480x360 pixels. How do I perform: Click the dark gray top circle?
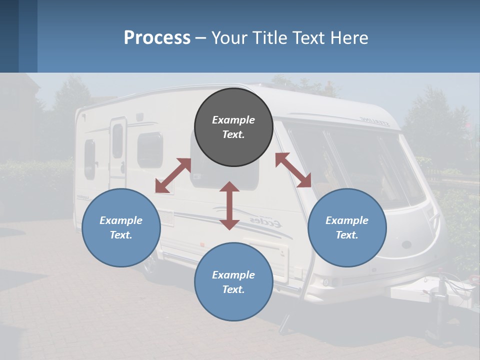pyautogui.click(x=233, y=127)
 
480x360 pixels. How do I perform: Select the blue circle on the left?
pyautogui.click(x=121, y=227)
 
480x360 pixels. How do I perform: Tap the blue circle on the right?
pyautogui.click(x=347, y=227)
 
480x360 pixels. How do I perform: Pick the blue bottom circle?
pyautogui.click(x=233, y=282)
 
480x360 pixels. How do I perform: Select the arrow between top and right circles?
pyautogui.click(x=293, y=170)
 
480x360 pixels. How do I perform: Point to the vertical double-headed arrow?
pyautogui.click(x=229, y=205)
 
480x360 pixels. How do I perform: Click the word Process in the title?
pyautogui.click(x=157, y=37)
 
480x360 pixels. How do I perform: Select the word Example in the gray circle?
pyautogui.click(x=233, y=120)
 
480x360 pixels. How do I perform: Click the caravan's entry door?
pyautogui.click(x=118, y=150)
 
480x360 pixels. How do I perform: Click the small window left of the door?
pyautogui.click(x=90, y=158)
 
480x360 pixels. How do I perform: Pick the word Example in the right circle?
pyautogui.click(x=347, y=220)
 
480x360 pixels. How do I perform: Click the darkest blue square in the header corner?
pyautogui.click(x=9, y=36)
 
